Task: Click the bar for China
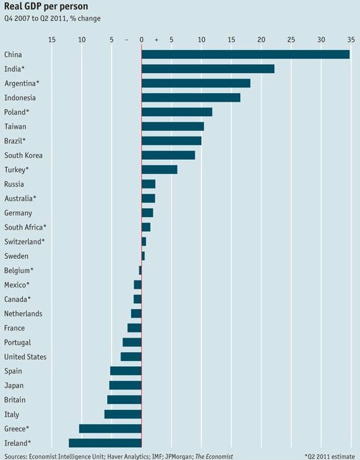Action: [x=245, y=55]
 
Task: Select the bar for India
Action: [x=208, y=69]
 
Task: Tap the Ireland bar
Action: [x=105, y=443]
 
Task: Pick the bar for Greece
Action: [x=110, y=428]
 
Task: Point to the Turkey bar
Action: [x=159, y=169]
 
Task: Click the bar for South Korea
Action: [x=168, y=155]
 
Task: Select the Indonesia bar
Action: [x=191, y=98]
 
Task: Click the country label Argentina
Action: [x=22, y=83]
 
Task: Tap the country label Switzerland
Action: [x=24, y=242]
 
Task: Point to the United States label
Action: [x=25, y=357]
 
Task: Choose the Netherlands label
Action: [x=23, y=313]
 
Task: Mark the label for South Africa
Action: [x=25, y=227]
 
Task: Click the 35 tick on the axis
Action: [x=350, y=40]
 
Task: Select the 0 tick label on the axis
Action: [x=141, y=40]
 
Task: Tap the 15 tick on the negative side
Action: [x=52, y=40]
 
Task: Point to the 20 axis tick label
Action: [x=260, y=40]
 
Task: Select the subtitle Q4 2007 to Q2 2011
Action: [x=52, y=18]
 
